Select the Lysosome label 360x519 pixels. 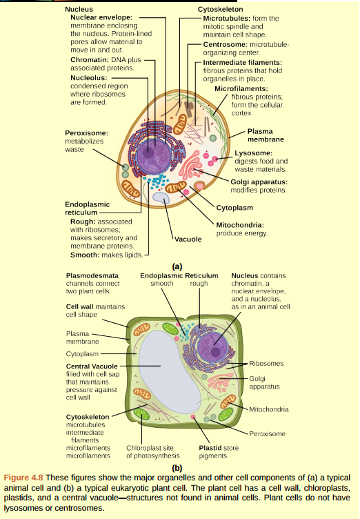point(254,153)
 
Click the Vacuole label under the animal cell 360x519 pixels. point(187,239)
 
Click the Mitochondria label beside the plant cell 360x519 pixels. point(268,409)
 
